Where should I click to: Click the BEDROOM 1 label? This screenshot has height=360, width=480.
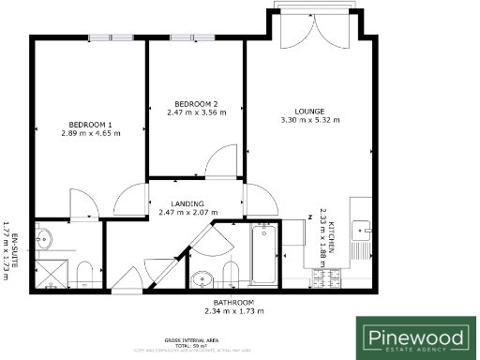[90, 125]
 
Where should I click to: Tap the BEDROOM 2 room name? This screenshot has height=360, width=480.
[196, 103]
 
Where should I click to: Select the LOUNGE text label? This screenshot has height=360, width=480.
[309, 110]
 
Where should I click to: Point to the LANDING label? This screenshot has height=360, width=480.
[187, 203]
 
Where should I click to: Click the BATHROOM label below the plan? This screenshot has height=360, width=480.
[233, 302]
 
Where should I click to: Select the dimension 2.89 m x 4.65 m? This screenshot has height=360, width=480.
[90, 134]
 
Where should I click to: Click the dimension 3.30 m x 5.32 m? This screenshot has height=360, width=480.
[309, 120]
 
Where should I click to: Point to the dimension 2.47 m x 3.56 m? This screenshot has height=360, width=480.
[196, 112]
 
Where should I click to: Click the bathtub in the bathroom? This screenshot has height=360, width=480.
[263, 255]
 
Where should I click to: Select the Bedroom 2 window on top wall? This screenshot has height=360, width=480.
[198, 37]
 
